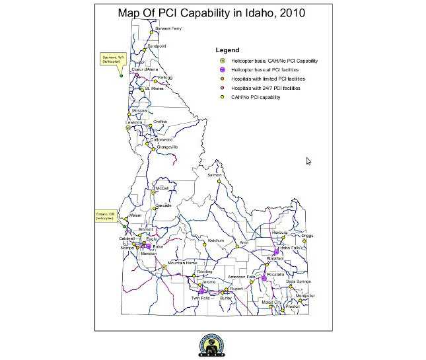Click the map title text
(212, 13)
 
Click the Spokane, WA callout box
(110, 59)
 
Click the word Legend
(227, 50)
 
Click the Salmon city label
(214, 175)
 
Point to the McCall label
(162, 188)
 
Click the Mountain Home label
(183, 263)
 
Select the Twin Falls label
(199, 299)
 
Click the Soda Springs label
(299, 282)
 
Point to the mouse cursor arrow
(308, 161)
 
